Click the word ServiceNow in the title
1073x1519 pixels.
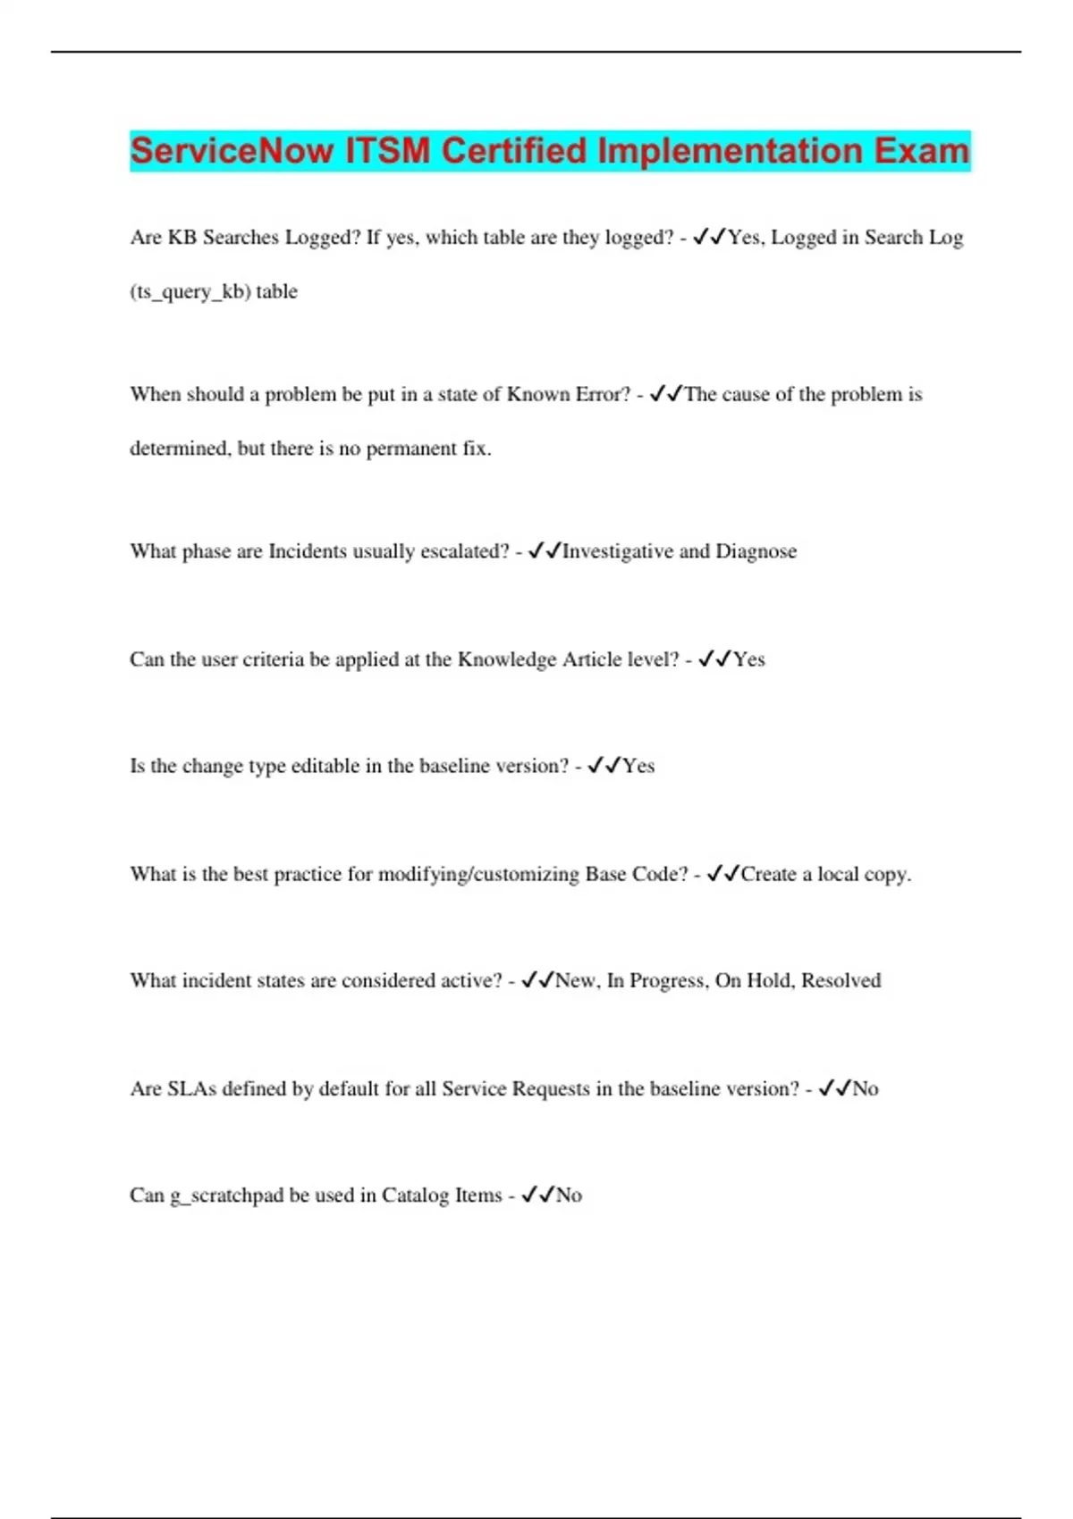coord(232,151)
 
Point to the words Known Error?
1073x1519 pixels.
coord(568,395)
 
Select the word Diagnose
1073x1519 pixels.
coord(756,551)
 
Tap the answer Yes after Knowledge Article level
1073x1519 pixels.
coord(749,659)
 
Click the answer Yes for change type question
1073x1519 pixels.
coord(638,766)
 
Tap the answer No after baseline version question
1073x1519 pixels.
coord(866,1088)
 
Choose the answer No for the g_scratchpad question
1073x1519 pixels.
coord(569,1196)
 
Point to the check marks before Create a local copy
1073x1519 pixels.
coord(722,874)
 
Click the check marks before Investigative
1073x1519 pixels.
coord(544,551)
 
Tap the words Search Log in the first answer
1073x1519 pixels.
coord(913,238)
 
